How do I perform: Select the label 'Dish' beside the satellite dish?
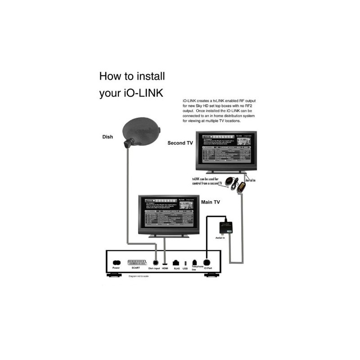point(107,137)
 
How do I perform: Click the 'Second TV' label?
point(180,143)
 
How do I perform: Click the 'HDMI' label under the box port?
point(165,269)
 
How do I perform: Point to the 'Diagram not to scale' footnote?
point(139,277)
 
